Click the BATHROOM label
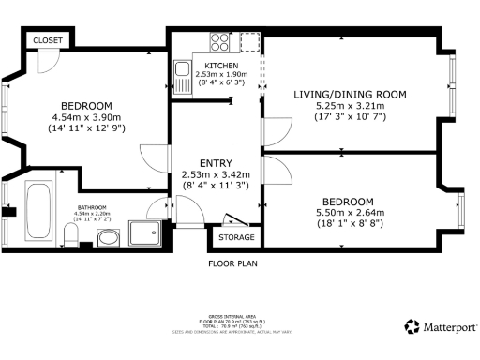(90, 207)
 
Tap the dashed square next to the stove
(249, 42)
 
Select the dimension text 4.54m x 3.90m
(86, 117)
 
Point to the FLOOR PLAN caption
(232, 263)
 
